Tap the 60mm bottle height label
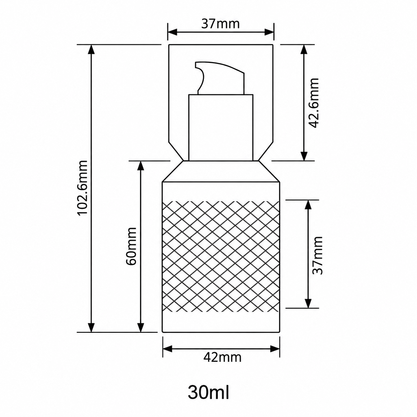pyautogui.click(x=131, y=246)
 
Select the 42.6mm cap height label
pyautogui.click(x=313, y=103)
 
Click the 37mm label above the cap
pyautogui.click(x=220, y=24)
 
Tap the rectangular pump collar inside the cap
pyautogui.click(x=221, y=127)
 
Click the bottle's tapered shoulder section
pyautogui.click(x=221, y=171)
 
